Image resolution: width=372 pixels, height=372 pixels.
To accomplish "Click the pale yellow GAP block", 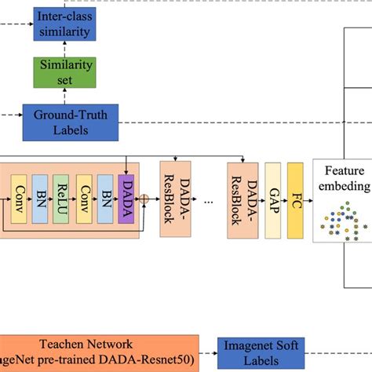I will point(272,201).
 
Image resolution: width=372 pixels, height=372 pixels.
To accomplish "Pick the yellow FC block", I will point(295,201).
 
